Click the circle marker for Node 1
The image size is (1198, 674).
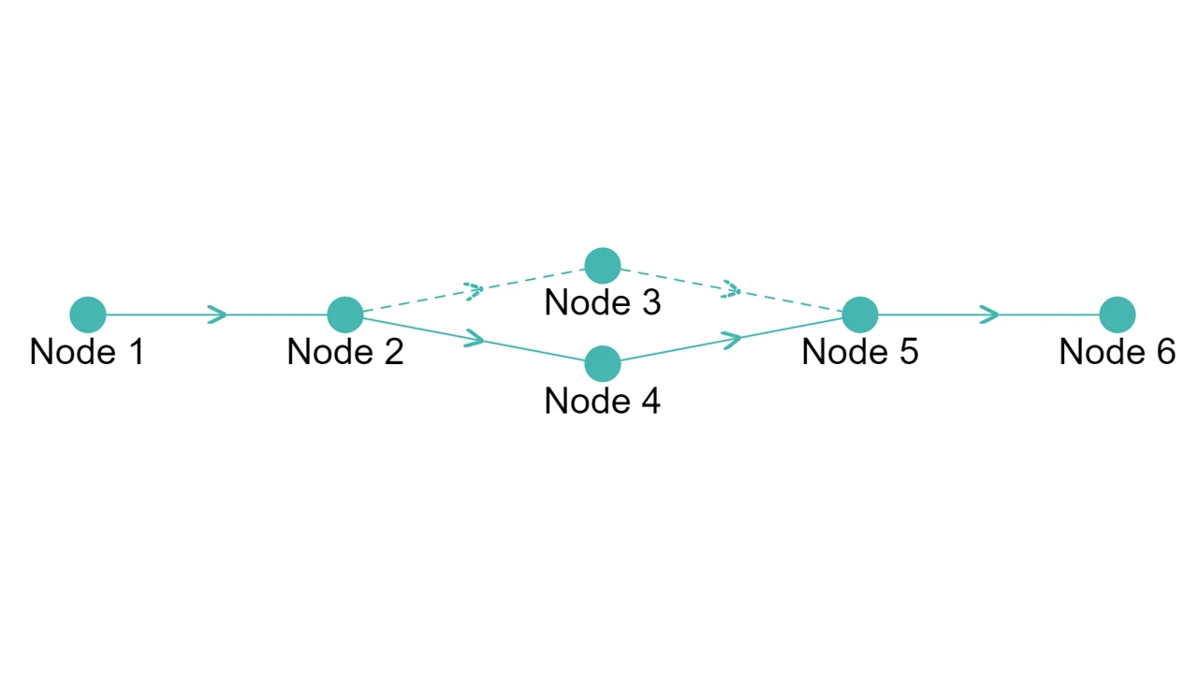(x=88, y=315)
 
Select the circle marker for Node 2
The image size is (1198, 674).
(x=345, y=315)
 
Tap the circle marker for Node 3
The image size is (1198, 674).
(x=603, y=266)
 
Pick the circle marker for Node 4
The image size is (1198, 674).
(x=603, y=363)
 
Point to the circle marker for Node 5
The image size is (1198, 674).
(x=860, y=315)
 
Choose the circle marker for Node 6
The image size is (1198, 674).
(x=1118, y=315)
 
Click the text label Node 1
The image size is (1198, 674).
(x=88, y=352)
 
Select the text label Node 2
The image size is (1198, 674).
(x=345, y=352)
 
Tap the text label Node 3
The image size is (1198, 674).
(x=603, y=303)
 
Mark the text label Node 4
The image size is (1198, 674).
(x=603, y=401)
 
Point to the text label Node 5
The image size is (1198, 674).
(x=860, y=352)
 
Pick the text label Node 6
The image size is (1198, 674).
(x=1118, y=352)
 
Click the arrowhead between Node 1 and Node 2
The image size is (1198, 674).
(x=218, y=315)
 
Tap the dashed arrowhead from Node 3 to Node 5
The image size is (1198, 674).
(x=732, y=291)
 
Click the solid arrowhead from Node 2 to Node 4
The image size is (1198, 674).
(x=475, y=339)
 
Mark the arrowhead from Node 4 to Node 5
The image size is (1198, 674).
(x=733, y=338)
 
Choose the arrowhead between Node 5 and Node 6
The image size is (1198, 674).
(x=990, y=315)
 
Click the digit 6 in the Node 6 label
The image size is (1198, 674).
(x=1164, y=352)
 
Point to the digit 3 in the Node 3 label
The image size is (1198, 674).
(x=650, y=303)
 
